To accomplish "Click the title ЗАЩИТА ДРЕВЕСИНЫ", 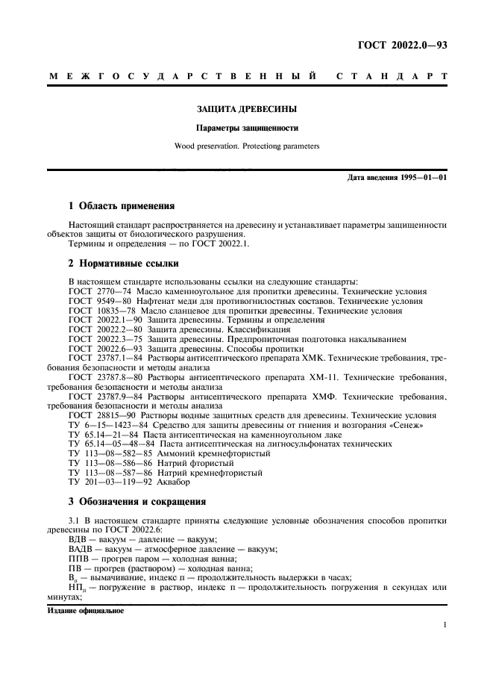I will coord(246,110).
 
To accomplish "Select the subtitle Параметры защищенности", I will coord(246,128).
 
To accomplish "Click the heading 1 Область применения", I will coord(122,205).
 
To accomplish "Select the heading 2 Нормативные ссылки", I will coord(123,263).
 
